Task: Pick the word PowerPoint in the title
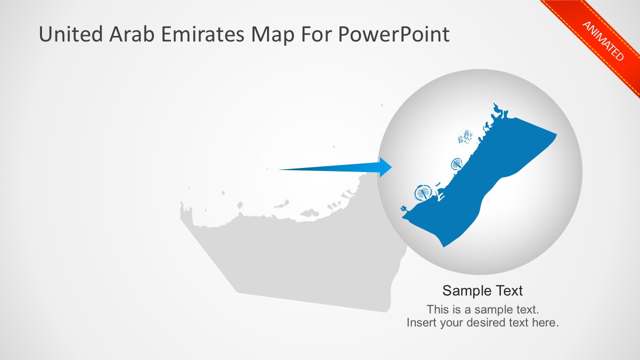[x=394, y=34]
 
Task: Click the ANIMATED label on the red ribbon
[x=603, y=40]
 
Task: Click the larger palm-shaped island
[x=423, y=192]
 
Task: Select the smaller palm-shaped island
[x=457, y=163]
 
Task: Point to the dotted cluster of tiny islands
[x=465, y=136]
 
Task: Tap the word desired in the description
[x=484, y=322]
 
